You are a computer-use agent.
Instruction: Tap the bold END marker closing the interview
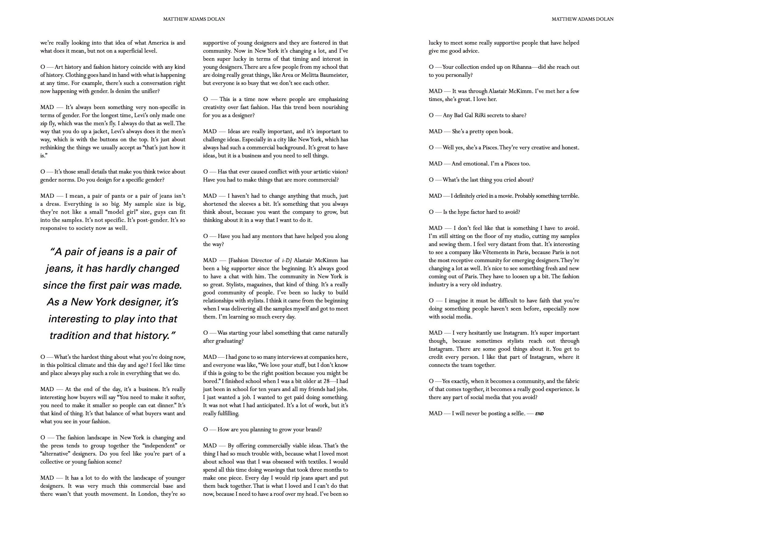coord(539,414)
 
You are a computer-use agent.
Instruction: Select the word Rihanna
coord(521,67)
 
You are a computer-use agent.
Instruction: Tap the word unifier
coord(149,91)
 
